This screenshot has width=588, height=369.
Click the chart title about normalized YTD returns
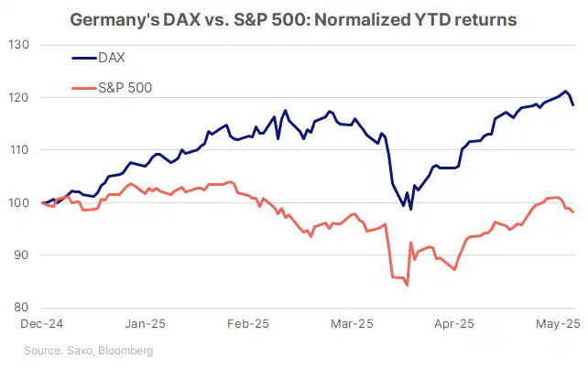293,19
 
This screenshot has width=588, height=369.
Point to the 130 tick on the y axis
20,45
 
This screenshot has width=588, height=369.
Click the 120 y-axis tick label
20,97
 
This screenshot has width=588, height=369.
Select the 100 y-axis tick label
20,202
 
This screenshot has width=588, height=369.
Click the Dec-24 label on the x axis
43,324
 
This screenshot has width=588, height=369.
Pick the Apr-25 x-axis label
455,324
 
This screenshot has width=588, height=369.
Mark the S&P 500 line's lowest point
407,286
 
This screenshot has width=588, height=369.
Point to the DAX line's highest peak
566,92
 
